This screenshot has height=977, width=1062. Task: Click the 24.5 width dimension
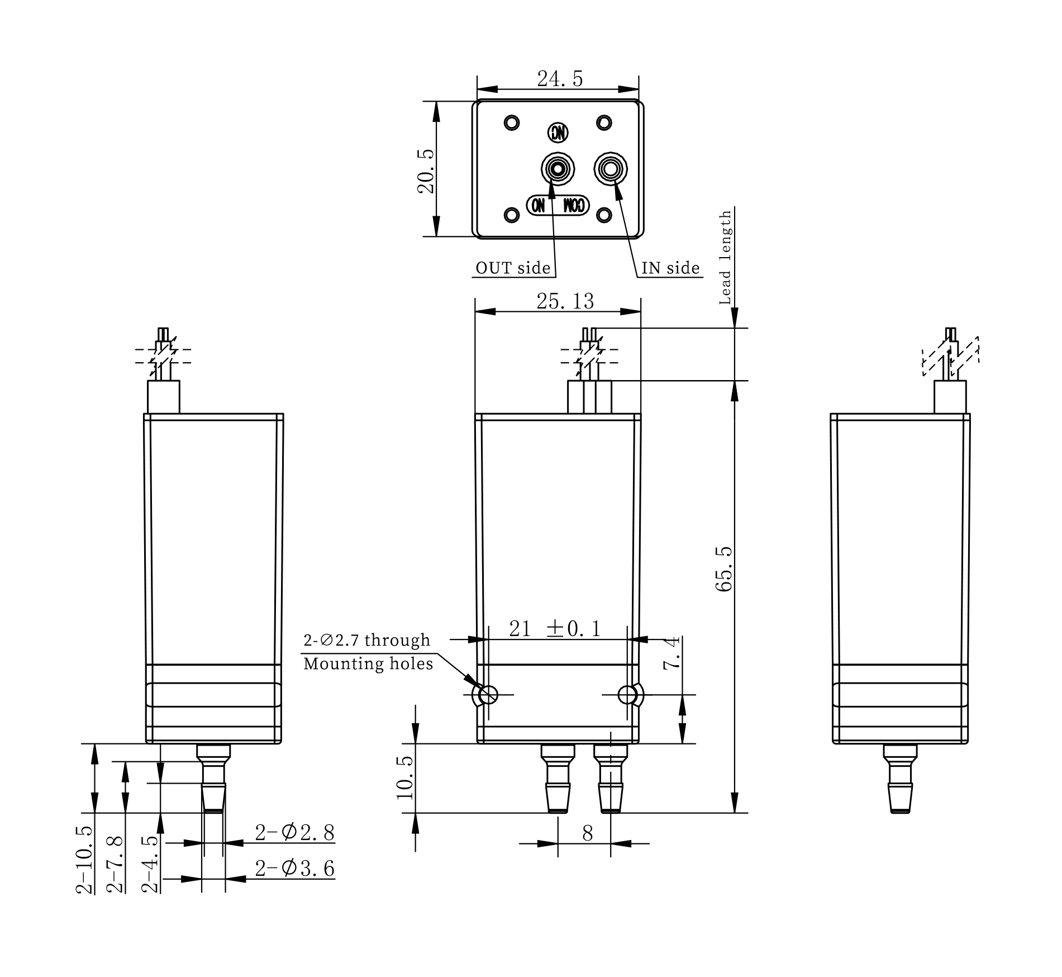(x=560, y=79)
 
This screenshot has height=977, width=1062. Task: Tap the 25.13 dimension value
(x=565, y=301)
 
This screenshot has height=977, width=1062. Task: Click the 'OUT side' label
(x=513, y=268)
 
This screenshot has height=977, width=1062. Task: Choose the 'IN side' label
(x=670, y=268)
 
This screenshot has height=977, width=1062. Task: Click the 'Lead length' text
(x=725, y=258)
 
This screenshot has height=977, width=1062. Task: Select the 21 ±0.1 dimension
(x=555, y=629)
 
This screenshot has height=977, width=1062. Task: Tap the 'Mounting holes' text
(x=368, y=663)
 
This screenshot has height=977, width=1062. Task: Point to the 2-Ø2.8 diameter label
(x=295, y=833)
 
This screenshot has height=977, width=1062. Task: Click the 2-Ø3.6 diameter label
(x=295, y=868)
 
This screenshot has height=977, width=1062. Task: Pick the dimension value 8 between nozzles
(x=587, y=833)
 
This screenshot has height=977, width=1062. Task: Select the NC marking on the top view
(x=558, y=133)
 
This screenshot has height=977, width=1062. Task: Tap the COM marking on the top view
(x=574, y=205)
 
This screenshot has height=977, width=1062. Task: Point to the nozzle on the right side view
(x=900, y=779)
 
